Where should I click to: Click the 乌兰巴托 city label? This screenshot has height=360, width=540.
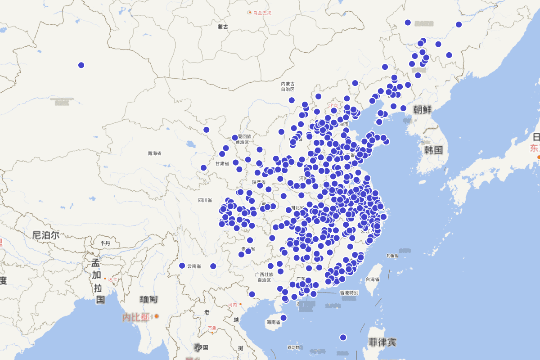[262, 13]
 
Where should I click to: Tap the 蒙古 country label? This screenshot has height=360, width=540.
[223, 27]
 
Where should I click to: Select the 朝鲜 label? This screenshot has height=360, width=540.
[423, 109]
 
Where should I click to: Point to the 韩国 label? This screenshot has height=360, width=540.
[433, 150]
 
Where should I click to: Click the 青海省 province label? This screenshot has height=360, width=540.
[154, 153]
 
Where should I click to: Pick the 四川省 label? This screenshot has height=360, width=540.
[205, 200]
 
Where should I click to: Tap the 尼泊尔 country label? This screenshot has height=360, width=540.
[46, 235]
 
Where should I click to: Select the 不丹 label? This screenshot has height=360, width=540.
[105, 243]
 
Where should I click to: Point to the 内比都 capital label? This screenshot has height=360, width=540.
[136, 317]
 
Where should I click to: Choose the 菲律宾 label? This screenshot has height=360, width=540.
[382, 342]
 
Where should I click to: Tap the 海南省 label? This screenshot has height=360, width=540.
[273, 322]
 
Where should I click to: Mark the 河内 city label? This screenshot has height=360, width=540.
[232, 305]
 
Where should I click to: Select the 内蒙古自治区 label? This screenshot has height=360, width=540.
[288, 86]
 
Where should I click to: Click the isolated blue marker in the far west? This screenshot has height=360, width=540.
[81, 65]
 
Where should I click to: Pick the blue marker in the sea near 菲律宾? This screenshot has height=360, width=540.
[343, 337]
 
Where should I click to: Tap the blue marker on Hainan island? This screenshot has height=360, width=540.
[283, 318]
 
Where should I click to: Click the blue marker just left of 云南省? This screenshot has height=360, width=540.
[182, 266]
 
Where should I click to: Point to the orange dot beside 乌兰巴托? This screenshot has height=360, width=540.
[250, 13]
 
